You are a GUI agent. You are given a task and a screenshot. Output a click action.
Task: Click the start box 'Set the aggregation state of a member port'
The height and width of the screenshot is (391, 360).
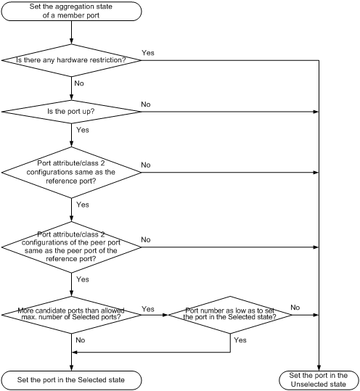coord(71,14)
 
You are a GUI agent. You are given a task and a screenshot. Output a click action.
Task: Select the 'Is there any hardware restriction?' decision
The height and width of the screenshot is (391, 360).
coord(71,60)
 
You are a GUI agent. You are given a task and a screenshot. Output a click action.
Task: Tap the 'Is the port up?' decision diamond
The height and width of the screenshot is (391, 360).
coord(71,112)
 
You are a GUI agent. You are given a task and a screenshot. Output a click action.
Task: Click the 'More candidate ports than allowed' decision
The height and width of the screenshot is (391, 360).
coord(71,315)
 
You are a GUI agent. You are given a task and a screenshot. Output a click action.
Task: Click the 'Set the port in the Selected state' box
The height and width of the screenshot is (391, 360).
coord(71,379)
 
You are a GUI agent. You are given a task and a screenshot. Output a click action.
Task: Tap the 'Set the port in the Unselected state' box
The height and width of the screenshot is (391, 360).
coord(319,379)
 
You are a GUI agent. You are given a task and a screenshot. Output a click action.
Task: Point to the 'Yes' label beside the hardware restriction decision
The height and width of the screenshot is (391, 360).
coord(148,52)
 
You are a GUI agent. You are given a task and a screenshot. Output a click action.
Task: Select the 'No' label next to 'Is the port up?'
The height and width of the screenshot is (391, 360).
coord(146,104)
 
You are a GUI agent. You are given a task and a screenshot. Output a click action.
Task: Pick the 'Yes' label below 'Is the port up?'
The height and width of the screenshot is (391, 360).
coord(83,131)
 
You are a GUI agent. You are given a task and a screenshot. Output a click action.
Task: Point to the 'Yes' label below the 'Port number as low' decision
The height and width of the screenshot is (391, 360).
coord(241,339)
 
